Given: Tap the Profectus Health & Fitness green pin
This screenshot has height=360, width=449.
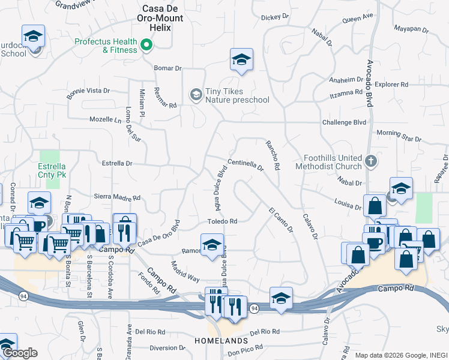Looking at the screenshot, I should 146,45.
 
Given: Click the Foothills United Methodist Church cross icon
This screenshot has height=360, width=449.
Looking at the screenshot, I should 371,161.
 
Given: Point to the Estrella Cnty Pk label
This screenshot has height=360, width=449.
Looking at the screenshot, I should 51,170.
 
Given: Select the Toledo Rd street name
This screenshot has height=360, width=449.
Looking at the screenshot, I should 222,221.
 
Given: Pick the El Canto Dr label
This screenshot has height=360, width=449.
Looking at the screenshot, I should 281,220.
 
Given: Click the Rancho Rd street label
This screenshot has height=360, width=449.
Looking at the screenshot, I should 273,155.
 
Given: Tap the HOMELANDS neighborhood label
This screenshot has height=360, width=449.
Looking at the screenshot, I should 217,341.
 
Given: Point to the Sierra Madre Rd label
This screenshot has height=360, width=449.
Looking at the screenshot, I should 117,197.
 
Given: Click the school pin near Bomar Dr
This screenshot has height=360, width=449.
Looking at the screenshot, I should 241,59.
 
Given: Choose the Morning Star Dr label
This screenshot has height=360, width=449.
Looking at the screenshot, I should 399,135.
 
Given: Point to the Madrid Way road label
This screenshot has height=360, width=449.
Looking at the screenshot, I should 185,271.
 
